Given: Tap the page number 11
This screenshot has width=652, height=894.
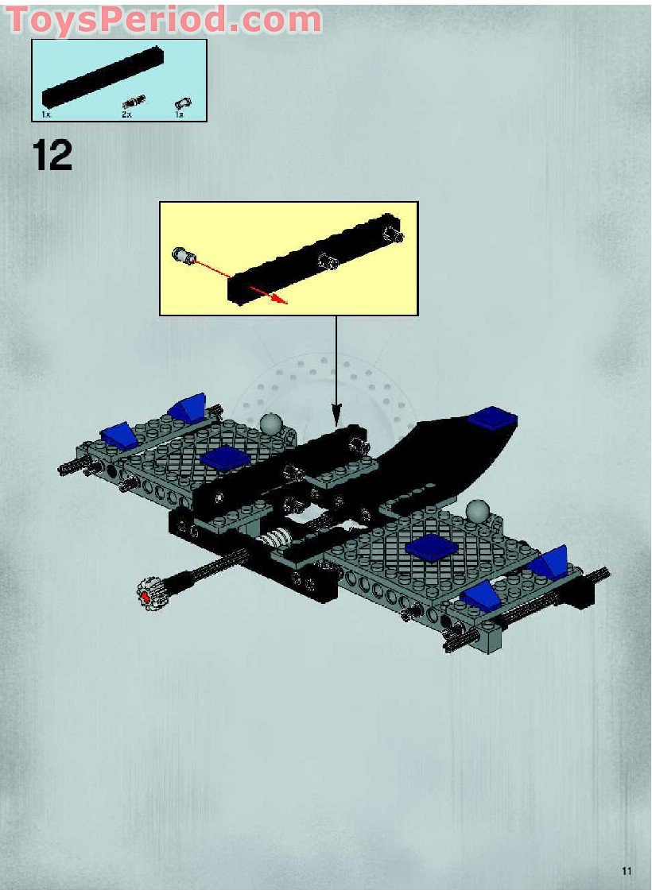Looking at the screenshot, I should point(627,871).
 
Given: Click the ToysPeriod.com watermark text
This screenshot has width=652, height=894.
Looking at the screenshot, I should point(165,19).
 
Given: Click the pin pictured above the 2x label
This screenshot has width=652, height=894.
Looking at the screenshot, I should point(134,101).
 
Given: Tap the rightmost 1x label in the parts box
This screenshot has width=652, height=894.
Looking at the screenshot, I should point(179,114).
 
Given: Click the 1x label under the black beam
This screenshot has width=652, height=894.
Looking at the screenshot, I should point(45,114).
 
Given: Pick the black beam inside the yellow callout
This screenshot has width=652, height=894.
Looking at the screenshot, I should point(314,258).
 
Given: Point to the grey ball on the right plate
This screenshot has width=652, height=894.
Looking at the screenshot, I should point(477,509).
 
